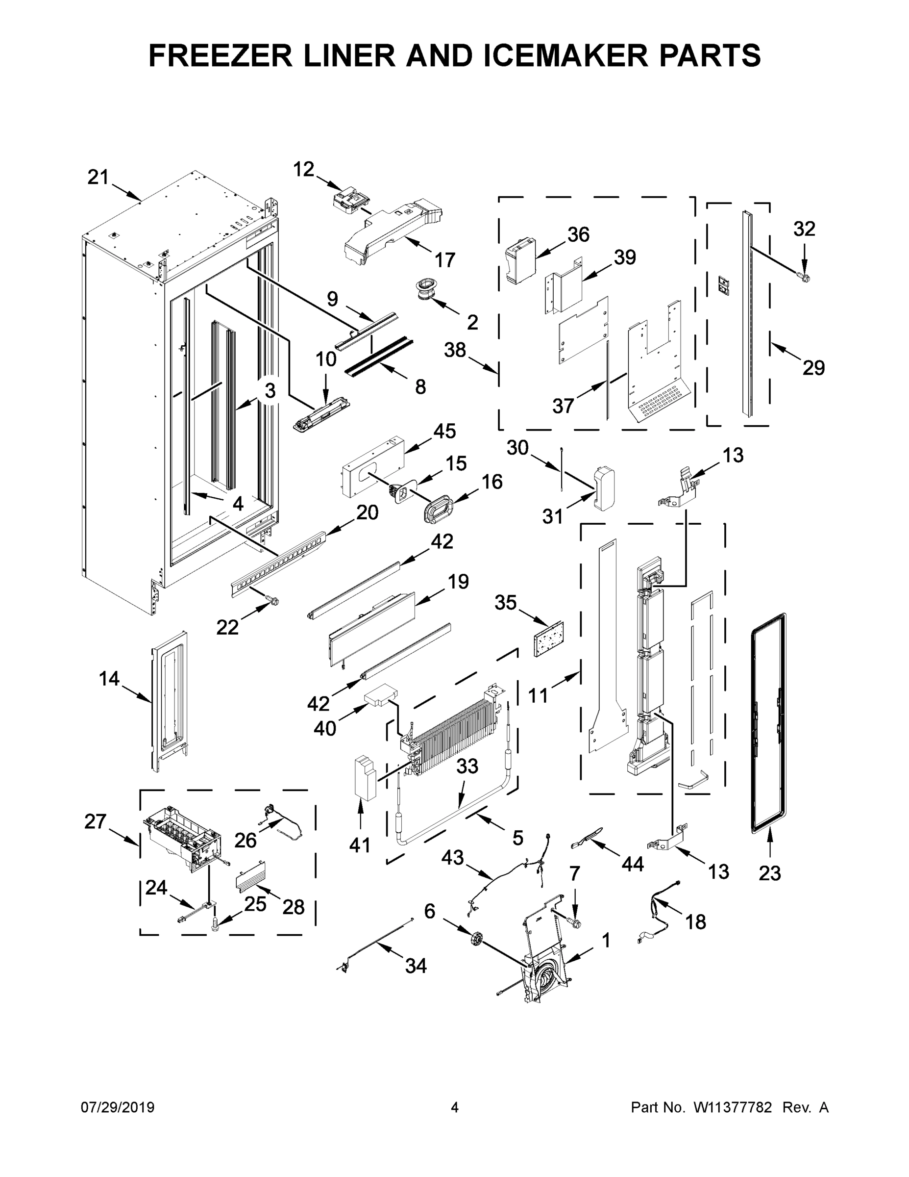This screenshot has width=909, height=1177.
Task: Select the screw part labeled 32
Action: click(805, 278)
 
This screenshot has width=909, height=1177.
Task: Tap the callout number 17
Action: click(445, 260)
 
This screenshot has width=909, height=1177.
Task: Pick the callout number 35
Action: click(505, 603)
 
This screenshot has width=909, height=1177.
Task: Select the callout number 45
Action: click(444, 431)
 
